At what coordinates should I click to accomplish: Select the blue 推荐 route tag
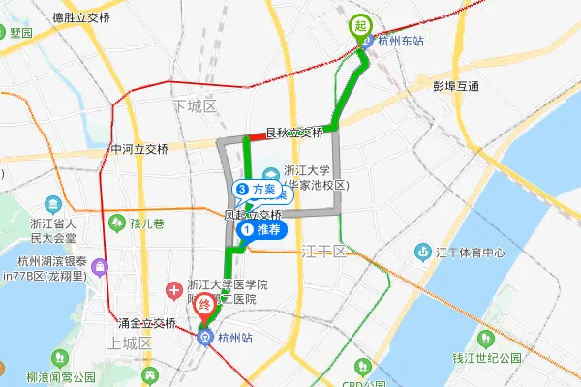(262, 229)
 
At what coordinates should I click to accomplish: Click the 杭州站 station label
(237, 338)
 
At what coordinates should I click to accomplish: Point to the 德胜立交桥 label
(81, 16)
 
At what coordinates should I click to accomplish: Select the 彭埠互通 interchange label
(456, 86)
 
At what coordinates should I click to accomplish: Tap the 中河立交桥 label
(138, 150)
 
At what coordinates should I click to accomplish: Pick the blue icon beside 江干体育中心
(423, 253)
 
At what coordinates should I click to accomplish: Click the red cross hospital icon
(175, 289)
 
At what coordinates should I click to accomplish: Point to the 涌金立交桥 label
(146, 322)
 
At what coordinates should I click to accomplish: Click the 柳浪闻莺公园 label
(58, 377)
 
